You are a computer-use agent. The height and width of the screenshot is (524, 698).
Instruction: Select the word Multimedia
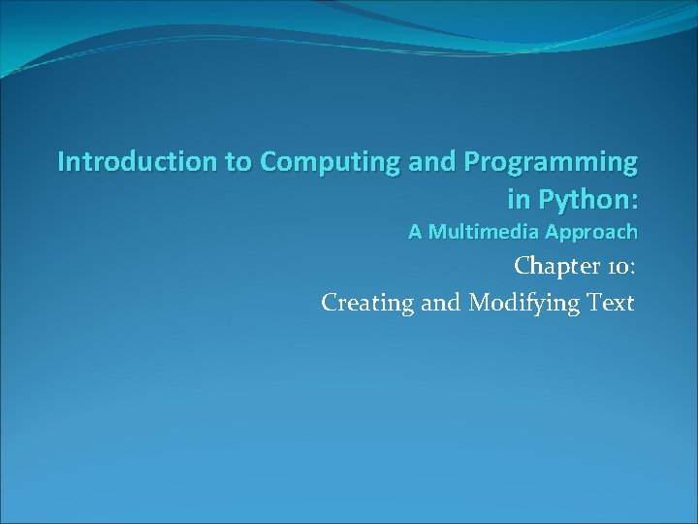point(483,232)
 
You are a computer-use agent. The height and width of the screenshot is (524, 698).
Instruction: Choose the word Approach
point(591,233)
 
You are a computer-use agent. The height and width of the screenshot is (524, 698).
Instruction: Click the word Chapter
point(553,266)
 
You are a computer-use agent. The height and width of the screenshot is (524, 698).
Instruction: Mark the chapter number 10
point(616,266)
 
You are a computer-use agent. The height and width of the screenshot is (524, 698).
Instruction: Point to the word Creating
point(367,304)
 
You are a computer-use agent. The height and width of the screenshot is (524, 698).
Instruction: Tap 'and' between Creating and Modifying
point(442,303)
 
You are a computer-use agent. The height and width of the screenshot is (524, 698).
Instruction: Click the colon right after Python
point(634,201)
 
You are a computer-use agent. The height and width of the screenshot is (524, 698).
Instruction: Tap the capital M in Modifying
point(480,303)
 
